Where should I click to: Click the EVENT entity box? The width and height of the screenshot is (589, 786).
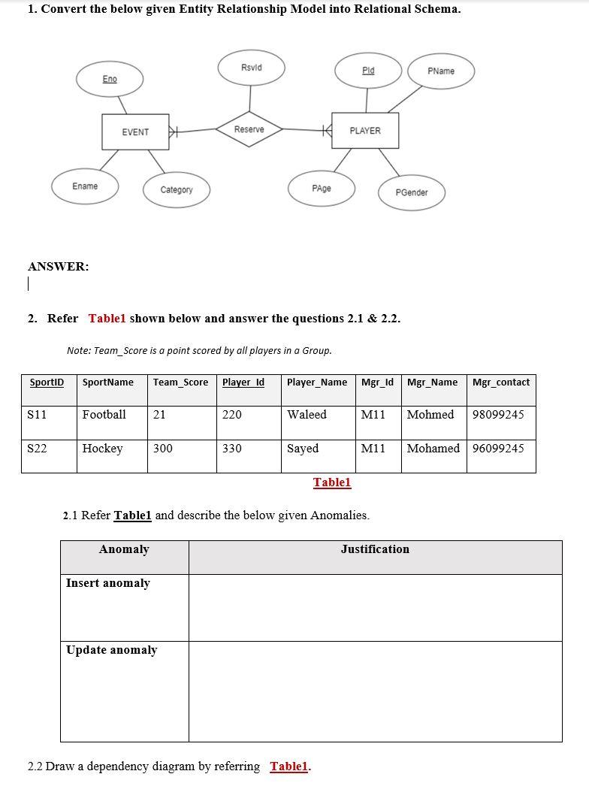(135, 132)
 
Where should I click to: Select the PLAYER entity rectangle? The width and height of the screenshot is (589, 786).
(365, 131)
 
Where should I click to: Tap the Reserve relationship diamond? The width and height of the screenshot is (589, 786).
(249, 129)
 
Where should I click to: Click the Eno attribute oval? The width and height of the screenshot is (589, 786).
(110, 80)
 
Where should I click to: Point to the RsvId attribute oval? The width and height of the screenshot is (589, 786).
(252, 68)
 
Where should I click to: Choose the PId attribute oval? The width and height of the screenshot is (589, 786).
(368, 71)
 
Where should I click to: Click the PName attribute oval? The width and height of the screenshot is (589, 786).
(441, 71)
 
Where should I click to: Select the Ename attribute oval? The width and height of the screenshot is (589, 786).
(85, 186)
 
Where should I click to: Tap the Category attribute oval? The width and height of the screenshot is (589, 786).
(177, 190)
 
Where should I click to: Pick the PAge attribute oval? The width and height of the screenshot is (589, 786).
(322, 189)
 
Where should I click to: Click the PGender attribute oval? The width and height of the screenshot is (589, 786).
(412, 193)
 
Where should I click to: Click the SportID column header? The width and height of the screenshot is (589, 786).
(47, 382)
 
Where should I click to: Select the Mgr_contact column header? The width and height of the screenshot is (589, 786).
(501, 382)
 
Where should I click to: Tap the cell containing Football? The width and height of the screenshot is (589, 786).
(104, 415)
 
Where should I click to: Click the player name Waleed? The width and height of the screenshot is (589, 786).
(307, 415)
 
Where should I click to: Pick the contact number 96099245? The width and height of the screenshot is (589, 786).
(498, 449)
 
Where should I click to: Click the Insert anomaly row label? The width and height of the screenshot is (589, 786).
(108, 583)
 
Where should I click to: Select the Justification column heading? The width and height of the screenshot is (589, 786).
(375, 549)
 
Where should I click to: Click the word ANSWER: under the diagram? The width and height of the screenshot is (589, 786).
(59, 266)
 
